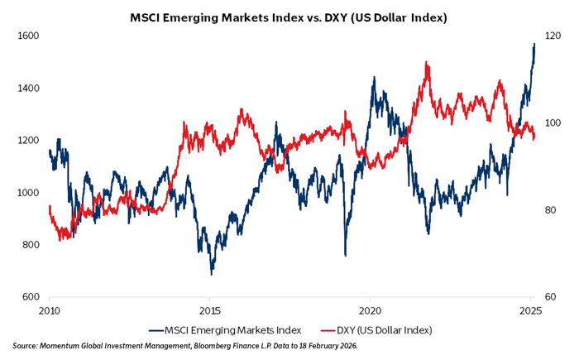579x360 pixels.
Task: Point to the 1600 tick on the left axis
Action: click(28, 36)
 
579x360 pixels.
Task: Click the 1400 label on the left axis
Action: click(28, 88)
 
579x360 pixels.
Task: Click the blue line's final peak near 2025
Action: click(534, 44)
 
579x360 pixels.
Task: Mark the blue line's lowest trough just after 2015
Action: click(212, 274)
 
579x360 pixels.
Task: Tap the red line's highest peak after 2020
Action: click(426, 62)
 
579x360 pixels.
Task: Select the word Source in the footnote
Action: click(26, 346)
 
